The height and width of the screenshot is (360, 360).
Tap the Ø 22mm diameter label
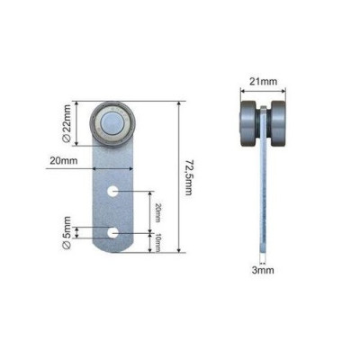(67, 123)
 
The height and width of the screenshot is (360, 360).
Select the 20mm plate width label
(64, 161)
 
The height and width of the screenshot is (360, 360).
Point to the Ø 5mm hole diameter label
(67, 232)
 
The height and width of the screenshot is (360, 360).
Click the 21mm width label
(264, 81)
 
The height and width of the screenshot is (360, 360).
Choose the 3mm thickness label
(263, 270)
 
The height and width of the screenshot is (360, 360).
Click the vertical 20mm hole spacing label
(158, 212)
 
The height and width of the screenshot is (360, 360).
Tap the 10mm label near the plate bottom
(158, 243)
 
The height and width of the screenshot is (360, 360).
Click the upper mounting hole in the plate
(113, 191)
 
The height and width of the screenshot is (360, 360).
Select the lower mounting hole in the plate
(113, 233)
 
